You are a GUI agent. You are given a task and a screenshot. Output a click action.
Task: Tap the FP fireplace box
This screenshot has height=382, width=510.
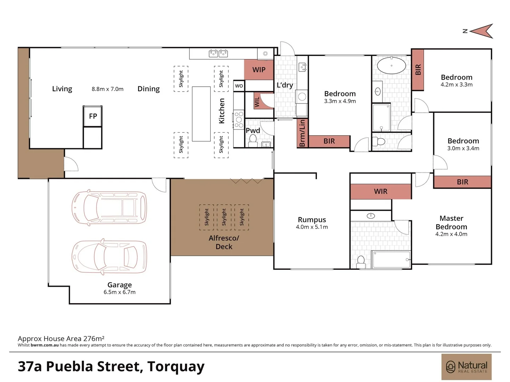[93, 116]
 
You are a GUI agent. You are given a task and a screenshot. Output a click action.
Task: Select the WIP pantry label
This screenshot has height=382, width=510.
[259, 70]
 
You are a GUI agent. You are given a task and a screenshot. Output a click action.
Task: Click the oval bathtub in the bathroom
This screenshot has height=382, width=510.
[391, 65]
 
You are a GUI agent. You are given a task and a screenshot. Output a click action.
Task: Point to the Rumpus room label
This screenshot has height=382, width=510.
[312, 220]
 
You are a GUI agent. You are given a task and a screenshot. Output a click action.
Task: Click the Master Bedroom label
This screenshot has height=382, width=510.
[451, 222]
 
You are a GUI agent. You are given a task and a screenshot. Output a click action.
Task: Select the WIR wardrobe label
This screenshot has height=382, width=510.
[381, 191]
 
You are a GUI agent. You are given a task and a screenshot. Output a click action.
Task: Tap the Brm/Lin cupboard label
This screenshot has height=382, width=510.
[302, 133]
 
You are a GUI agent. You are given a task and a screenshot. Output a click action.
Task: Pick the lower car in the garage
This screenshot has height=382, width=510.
[109, 257]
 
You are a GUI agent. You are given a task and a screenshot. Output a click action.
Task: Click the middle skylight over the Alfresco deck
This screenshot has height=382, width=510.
[224, 217]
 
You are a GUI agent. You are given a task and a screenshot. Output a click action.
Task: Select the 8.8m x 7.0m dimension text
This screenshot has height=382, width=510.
[107, 89]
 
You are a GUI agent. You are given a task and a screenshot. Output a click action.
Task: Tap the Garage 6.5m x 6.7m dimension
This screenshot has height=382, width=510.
[119, 292]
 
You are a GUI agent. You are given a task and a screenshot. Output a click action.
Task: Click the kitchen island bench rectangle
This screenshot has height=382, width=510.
[201, 114]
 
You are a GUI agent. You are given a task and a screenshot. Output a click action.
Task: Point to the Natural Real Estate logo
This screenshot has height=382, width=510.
[466, 366]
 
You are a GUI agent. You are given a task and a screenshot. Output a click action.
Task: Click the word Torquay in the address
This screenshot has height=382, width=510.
[176, 366]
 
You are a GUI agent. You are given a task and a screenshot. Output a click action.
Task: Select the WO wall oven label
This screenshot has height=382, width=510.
[239, 86]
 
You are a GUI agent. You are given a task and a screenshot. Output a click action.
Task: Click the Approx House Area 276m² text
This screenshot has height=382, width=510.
[61, 338]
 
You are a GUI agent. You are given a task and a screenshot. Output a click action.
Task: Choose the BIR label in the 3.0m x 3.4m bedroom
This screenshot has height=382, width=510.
[463, 182]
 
